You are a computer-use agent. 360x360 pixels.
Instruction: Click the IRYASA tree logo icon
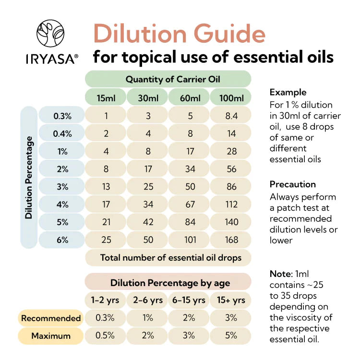pyautogui.click(x=51, y=34)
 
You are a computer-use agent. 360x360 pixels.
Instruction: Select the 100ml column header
pyautogui.click(x=231, y=98)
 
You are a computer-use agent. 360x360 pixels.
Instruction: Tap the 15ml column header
pyautogui.click(x=106, y=98)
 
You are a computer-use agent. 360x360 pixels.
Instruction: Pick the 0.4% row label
pyautogui.click(x=62, y=134)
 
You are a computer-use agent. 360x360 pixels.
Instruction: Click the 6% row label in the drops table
pyautogui.click(x=62, y=240)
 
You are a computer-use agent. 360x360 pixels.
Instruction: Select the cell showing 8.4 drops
pyautogui.click(x=231, y=116)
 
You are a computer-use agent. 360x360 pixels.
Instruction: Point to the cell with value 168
pyautogui.click(x=231, y=240)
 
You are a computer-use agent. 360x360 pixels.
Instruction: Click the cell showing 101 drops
pyautogui.click(x=190, y=240)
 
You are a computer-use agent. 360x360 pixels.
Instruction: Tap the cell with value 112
pyautogui.click(x=231, y=204)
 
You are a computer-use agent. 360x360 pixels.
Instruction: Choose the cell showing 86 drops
pyautogui.click(x=231, y=187)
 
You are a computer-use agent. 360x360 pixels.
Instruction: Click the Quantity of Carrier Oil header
pyautogui.click(x=168, y=79)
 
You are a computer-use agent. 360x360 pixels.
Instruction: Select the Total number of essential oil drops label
pyautogui.click(x=168, y=258)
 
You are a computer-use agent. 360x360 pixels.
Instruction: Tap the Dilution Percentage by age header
pyautogui.click(x=168, y=282)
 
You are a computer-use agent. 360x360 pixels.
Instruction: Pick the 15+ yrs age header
pyautogui.click(x=231, y=300)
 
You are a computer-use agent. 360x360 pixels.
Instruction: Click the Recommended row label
pyautogui.click(x=51, y=318)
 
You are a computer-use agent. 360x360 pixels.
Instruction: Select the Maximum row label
pyautogui.click(x=51, y=336)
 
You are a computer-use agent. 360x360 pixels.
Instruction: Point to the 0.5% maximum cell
pyautogui.click(x=106, y=336)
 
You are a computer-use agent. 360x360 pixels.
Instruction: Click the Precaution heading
pyautogui.click(x=292, y=184)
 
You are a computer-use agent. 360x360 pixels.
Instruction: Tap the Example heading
pyautogui.click(x=288, y=92)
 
